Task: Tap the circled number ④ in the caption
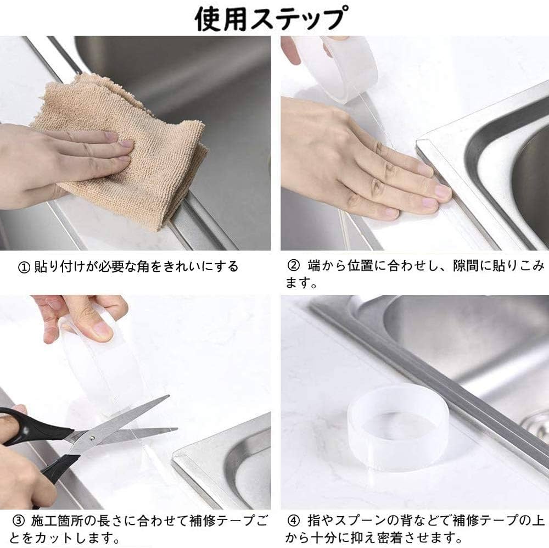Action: tap(293, 518)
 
